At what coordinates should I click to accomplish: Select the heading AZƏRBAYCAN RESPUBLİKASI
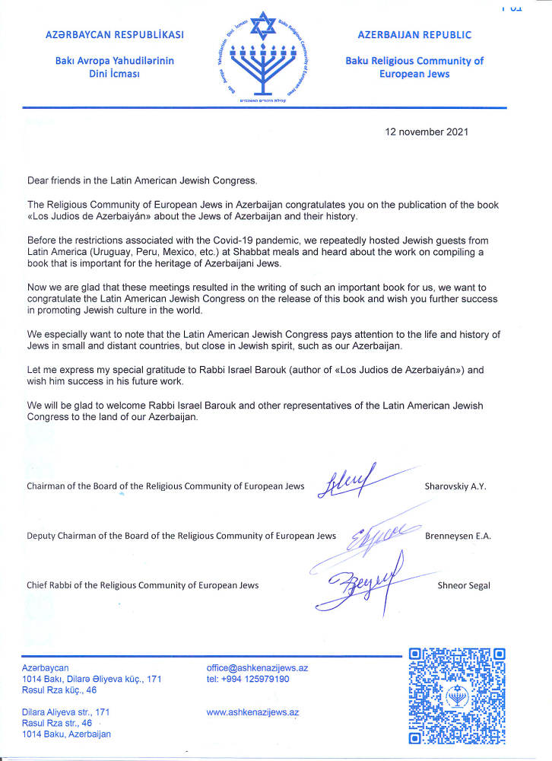[x=105, y=35]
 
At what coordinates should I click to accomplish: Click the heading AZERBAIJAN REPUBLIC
[x=414, y=35]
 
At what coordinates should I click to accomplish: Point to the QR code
[x=456, y=695]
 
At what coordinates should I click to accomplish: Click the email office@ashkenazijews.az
[x=257, y=667]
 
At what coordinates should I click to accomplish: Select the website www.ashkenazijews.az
[x=252, y=712]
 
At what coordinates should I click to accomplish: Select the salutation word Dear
[x=38, y=180]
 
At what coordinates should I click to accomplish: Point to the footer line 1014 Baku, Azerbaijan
[x=67, y=734]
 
